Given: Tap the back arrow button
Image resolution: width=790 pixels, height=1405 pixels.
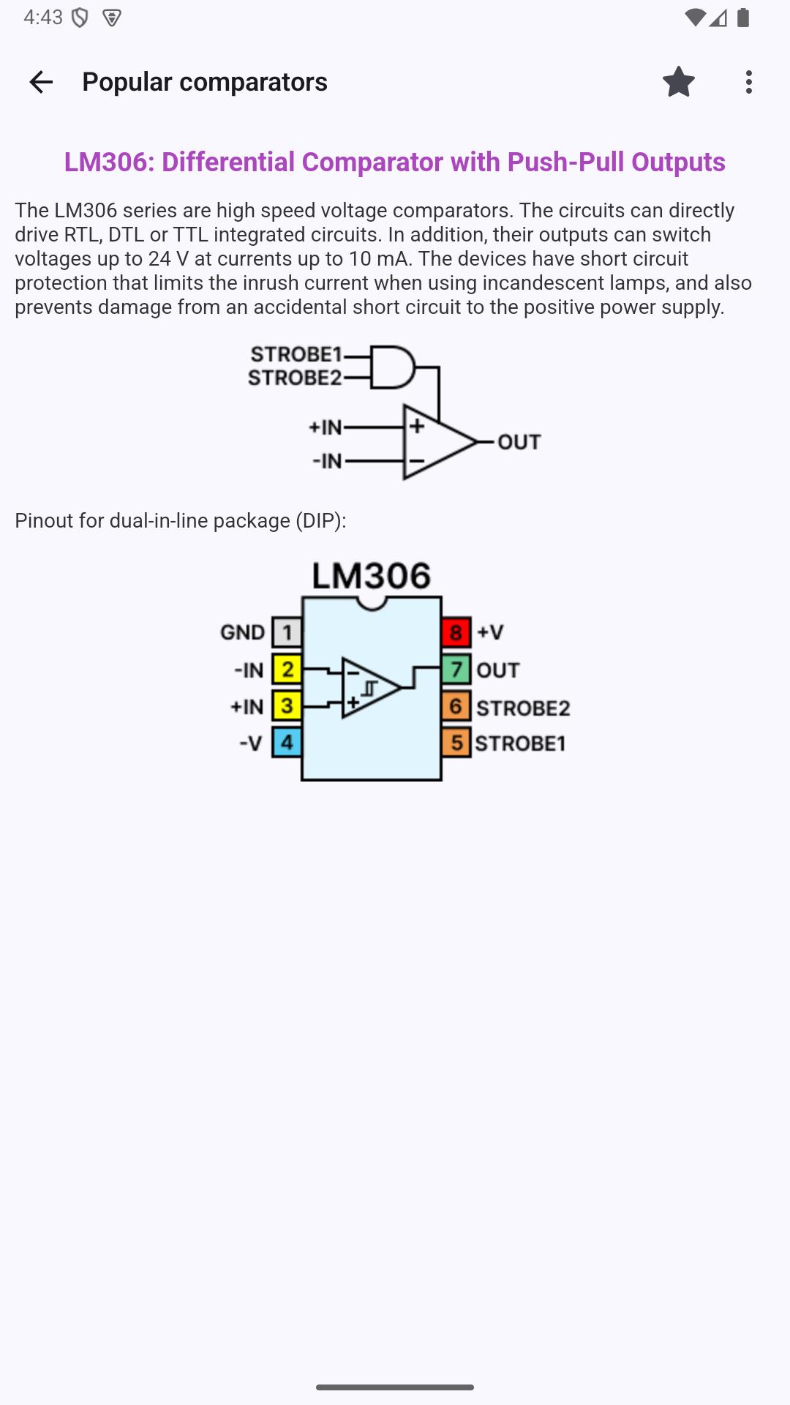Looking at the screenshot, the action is [41, 82].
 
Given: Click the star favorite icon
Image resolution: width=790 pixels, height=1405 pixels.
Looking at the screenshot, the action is [679, 82].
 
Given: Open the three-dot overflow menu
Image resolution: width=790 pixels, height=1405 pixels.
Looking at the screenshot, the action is [748, 82].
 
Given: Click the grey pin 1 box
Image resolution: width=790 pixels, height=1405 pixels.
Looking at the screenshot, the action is [287, 632].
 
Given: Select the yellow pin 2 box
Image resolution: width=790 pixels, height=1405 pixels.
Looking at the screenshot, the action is [287, 669].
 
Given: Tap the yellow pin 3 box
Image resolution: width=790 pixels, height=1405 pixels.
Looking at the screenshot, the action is [287, 705].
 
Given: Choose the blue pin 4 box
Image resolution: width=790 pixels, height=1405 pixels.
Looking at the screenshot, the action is [287, 742].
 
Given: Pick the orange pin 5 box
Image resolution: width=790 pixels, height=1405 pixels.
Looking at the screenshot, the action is [456, 742].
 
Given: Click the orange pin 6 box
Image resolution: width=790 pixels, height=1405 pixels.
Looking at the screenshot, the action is [456, 705].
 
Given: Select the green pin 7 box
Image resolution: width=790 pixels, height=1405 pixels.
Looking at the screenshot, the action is [456, 669].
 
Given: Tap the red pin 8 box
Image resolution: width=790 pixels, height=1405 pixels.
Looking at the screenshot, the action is [456, 632].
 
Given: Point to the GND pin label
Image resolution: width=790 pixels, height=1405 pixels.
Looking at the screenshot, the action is [242, 632].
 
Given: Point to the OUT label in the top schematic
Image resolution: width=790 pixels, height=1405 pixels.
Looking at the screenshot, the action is [519, 442].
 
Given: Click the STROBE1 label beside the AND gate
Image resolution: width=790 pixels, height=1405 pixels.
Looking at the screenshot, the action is [296, 354].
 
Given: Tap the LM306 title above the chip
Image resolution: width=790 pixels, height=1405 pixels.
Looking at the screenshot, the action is [372, 576].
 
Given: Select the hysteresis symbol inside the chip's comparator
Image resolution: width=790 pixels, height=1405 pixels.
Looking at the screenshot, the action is [369, 689].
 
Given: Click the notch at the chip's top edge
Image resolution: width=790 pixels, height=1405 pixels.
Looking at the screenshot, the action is [372, 603].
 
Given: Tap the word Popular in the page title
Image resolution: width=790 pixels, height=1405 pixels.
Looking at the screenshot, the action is [127, 82].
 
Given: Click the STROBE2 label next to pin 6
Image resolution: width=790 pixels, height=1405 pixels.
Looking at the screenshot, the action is [523, 708].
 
